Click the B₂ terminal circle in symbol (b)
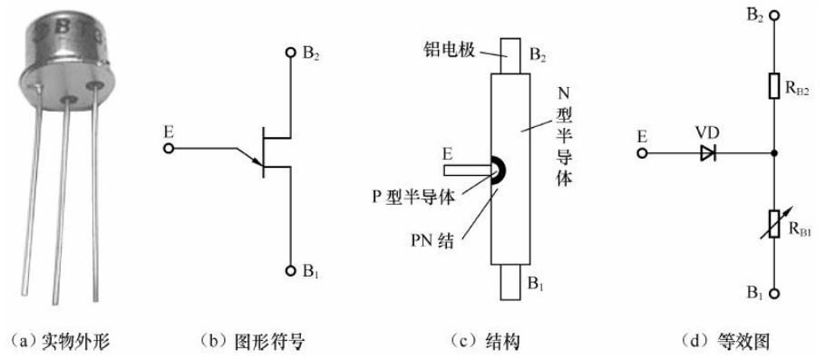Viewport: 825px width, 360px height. tap(289, 53)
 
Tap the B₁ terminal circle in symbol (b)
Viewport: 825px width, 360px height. tap(289, 270)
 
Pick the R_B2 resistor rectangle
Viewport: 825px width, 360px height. tap(773, 86)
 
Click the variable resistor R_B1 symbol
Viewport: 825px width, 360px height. tap(773, 222)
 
